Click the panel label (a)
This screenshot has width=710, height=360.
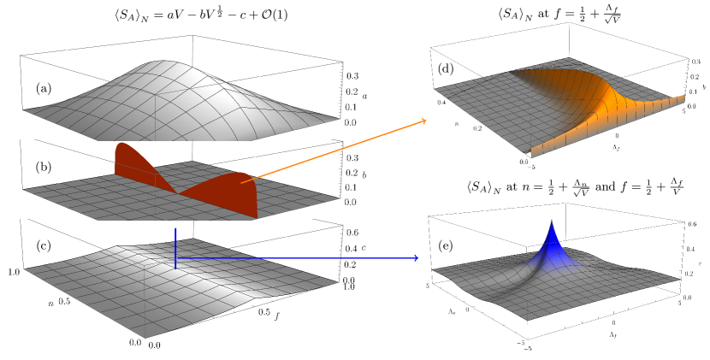(44, 88)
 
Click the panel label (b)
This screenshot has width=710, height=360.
(44, 168)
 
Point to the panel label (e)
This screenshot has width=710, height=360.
(445, 246)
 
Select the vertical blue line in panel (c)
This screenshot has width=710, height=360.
(175, 248)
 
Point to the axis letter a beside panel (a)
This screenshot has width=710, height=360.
(365, 97)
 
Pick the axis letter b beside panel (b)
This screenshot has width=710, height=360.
(365, 175)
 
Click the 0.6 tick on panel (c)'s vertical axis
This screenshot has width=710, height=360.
(350, 232)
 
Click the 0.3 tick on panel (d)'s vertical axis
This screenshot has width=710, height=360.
(695, 62)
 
